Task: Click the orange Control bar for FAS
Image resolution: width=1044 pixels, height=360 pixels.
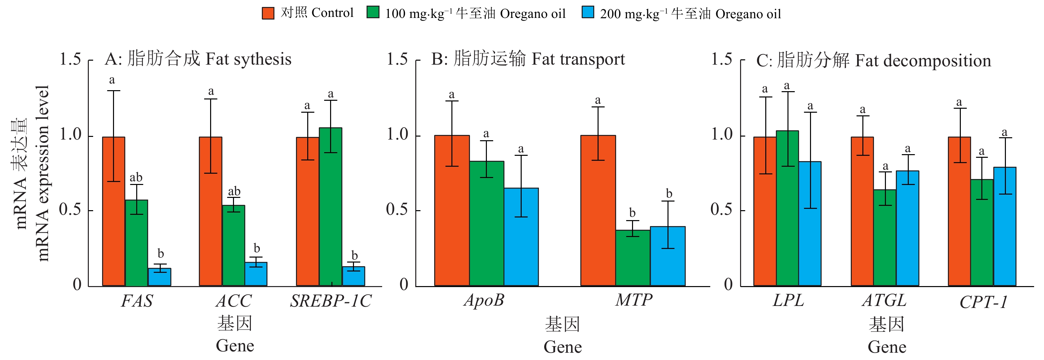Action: coord(113,211)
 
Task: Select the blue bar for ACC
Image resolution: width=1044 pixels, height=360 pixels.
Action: coord(256,274)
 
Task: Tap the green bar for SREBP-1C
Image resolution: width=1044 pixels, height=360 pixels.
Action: coord(330,207)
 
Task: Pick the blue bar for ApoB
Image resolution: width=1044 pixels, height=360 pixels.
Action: coord(521,237)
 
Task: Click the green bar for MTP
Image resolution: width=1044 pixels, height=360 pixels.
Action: coord(633,258)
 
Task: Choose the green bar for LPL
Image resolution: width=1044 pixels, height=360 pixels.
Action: coord(787,209)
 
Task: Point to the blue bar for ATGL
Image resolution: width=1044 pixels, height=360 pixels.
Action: coord(907,228)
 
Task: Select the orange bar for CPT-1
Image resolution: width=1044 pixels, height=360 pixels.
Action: coord(959,211)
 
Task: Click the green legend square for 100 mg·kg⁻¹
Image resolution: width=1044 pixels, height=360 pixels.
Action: coord(373,12)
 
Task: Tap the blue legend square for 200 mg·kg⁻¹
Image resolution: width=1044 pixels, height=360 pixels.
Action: coord(588,12)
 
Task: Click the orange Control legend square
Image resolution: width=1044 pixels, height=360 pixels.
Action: coord(268,13)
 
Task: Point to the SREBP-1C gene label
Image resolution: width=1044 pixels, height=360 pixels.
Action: coord(331,301)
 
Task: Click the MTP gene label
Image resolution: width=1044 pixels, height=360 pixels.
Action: coord(634,300)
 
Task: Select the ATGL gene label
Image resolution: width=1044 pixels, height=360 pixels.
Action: coord(884,300)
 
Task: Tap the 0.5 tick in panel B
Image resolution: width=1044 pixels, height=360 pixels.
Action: coord(397,210)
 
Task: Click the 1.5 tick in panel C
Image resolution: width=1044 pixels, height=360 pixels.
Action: coord(722,59)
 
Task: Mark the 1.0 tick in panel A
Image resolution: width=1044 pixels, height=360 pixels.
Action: coord(71,135)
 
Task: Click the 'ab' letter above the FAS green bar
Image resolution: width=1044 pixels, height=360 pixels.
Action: coord(136,178)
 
